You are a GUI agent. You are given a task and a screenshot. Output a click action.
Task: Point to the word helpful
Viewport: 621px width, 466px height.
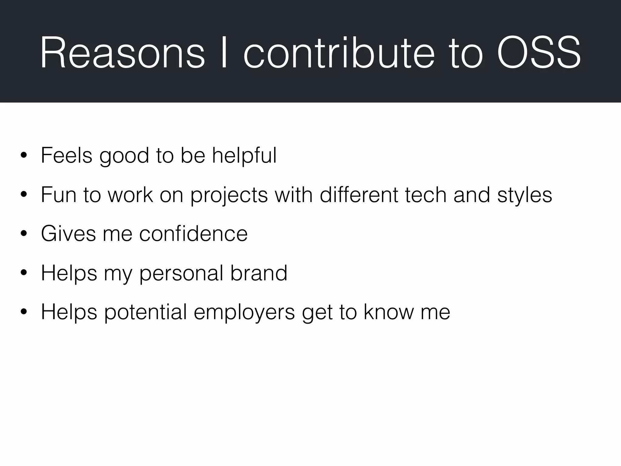tap(244, 156)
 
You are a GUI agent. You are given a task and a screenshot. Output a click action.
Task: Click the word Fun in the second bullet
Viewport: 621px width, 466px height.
tap(59, 194)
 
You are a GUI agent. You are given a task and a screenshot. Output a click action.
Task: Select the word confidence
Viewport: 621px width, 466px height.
tap(193, 234)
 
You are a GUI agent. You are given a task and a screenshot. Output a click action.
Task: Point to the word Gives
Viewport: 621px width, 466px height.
tap(68, 234)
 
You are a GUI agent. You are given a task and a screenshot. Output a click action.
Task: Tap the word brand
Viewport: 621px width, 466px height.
tap(259, 273)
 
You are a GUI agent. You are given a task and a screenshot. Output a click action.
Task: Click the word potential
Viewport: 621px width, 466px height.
tap(146, 312)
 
